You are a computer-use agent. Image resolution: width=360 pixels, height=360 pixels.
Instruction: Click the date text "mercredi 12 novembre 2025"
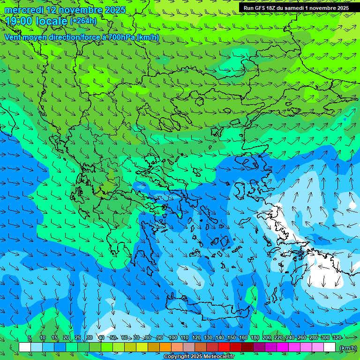click(x=65, y=10)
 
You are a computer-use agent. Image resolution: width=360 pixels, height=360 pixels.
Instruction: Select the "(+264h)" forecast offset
click(x=83, y=21)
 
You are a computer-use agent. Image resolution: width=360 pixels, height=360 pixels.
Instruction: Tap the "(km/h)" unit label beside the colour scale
click(x=348, y=348)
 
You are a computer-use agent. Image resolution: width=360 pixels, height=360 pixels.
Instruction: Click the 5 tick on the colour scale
click(x=29, y=338)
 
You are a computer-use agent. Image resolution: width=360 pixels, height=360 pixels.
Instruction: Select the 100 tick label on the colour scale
click(x=172, y=338)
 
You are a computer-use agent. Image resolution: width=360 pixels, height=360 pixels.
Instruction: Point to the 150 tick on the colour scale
click(x=232, y=338)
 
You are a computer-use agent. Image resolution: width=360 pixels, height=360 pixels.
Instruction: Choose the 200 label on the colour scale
click(x=267, y=338)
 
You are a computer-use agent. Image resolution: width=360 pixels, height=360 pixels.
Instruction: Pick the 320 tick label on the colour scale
click(x=337, y=338)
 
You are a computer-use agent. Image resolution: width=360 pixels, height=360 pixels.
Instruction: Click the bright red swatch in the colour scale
click(x=224, y=347)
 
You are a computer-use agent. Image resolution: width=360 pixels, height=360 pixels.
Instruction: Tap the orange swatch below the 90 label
click(x=165, y=347)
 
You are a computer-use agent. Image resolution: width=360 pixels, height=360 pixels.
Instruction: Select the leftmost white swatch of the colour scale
click(x=25, y=347)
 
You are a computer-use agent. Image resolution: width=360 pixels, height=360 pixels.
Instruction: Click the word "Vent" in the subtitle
click(x=13, y=37)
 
